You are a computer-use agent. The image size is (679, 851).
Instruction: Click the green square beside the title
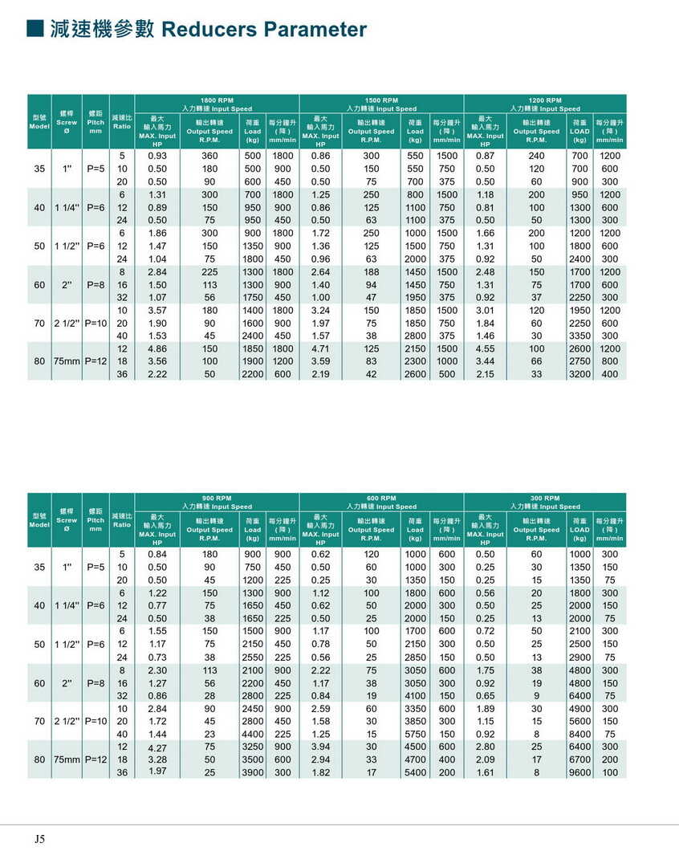pyautogui.click(x=35, y=29)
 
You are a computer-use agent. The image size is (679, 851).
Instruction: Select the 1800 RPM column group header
pyautogui.click(x=217, y=100)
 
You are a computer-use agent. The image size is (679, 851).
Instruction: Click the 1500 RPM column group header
pyautogui.click(x=381, y=100)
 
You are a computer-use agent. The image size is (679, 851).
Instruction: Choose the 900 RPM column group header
pyautogui.click(x=217, y=498)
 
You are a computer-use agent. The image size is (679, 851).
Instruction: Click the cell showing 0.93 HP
pyautogui.click(x=157, y=155)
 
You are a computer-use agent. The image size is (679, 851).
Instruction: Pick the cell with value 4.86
pyautogui.click(x=157, y=348)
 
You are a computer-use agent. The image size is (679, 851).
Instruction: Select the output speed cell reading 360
pyautogui.click(x=209, y=155)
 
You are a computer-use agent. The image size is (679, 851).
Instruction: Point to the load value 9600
pyautogui.click(x=579, y=773)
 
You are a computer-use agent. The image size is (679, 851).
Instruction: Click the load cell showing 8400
pyautogui.click(x=579, y=735)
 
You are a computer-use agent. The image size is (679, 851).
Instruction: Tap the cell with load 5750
pyautogui.click(x=415, y=735)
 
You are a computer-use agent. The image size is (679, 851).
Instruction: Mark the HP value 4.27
pyautogui.click(x=157, y=748)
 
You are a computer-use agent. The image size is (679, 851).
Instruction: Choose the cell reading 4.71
pyautogui.click(x=320, y=348)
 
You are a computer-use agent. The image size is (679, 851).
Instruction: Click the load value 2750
pyautogui.click(x=579, y=361)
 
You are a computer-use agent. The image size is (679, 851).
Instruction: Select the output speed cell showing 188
pyautogui.click(x=371, y=271)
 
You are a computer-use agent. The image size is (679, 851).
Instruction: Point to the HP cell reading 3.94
pyautogui.click(x=320, y=747)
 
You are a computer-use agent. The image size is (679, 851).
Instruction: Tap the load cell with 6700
pyautogui.click(x=579, y=760)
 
